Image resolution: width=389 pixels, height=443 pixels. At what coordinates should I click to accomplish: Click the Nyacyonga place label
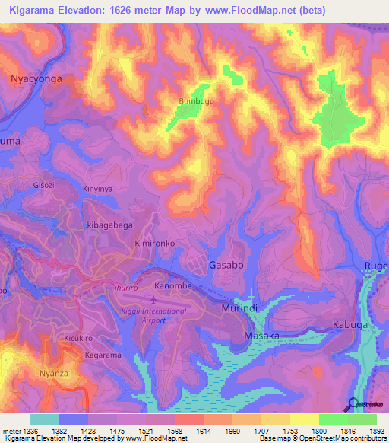(x=33, y=78)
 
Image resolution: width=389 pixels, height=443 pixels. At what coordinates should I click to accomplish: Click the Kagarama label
(x=103, y=355)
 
